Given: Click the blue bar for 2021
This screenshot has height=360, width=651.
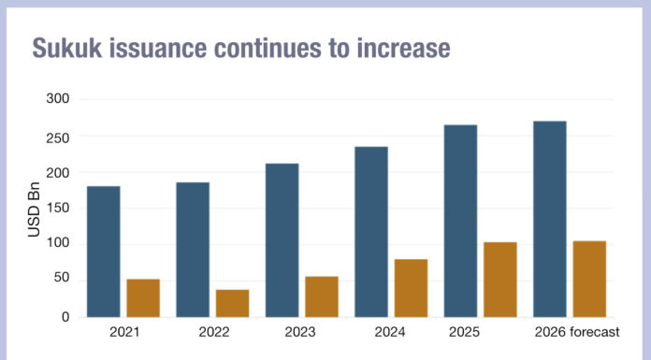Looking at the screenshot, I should coord(103,252).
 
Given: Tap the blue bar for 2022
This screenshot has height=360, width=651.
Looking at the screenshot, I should coord(193,250).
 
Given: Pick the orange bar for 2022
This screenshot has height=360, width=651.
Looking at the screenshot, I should coord(232,303).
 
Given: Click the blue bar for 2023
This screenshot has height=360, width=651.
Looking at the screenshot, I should coord(282,240).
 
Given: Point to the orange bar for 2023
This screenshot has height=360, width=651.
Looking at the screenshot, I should coord(322,296).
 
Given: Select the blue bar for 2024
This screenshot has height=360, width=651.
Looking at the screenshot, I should coord(370,232).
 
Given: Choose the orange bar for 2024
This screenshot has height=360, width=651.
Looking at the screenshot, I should coord(411,288).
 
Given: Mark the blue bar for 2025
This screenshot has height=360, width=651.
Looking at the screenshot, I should coord(460,221).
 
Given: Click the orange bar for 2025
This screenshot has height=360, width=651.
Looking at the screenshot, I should coord(500,280).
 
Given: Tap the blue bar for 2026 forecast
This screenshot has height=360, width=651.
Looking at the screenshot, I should coord(549,219).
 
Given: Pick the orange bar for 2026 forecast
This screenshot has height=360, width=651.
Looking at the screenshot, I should coord(589,279).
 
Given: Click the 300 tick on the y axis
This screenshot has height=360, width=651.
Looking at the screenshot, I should coord(57,99).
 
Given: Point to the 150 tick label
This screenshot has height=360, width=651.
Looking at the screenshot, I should coord(57,209).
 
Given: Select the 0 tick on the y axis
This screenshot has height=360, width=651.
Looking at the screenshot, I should coord(65,317).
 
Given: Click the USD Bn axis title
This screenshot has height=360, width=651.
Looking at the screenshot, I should coord(34,209).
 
